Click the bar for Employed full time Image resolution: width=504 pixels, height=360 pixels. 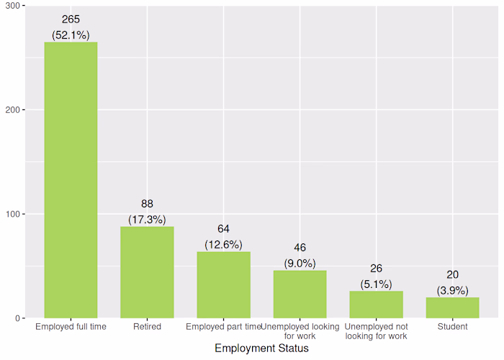click(x=71, y=180)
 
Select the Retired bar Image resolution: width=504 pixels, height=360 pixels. click(x=147, y=272)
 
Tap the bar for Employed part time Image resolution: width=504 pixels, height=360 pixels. click(x=223, y=284)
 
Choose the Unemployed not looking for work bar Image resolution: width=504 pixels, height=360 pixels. click(x=376, y=305)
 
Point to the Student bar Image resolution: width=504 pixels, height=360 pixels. click(x=452, y=307)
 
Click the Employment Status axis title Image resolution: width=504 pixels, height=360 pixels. click(x=261, y=348)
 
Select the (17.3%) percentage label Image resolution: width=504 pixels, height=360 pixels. click(x=147, y=219)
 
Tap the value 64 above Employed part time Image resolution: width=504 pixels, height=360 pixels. click(x=223, y=229)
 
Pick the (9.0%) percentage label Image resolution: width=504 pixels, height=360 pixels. click(x=300, y=264)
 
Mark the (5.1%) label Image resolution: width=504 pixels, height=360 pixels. click(x=376, y=284)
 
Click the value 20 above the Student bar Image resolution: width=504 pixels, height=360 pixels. click(x=452, y=274)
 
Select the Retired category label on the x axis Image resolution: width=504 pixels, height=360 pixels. click(x=147, y=327)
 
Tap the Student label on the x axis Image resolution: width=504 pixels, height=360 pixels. click(x=452, y=327)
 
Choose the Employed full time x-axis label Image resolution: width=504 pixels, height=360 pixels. click(x=71, y=327)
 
